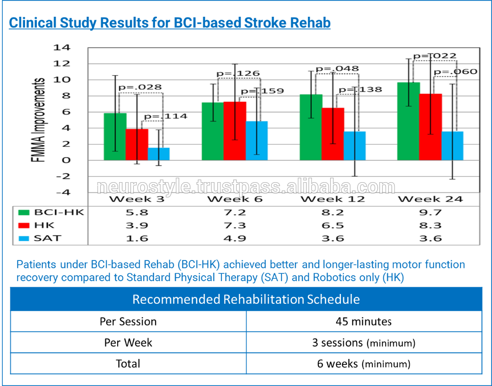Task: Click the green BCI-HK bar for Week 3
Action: [x=115, y=136]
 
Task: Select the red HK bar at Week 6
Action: [x=235, y=131]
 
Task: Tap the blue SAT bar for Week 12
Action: [x=355, y=146]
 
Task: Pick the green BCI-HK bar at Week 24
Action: [x=408, y=121]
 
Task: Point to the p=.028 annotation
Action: [x=140, y=88]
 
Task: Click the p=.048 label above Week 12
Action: [x=337, y=69]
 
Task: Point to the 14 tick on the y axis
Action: [x=64, y=48]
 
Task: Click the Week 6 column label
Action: [x=235, y=199]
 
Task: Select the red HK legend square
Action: [x=23, y=225]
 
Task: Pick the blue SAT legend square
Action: [x=23, y=238]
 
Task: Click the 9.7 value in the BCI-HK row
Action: [x=430, y=213]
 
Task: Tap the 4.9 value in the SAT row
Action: [x=235, y=238]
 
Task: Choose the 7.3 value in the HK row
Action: [x=235, y=225]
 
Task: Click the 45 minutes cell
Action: [x=364, y=322]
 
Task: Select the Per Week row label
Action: [x=128, y=343]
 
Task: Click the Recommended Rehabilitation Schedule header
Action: [x=246, y=299]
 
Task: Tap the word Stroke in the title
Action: [x=257, y=23]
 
